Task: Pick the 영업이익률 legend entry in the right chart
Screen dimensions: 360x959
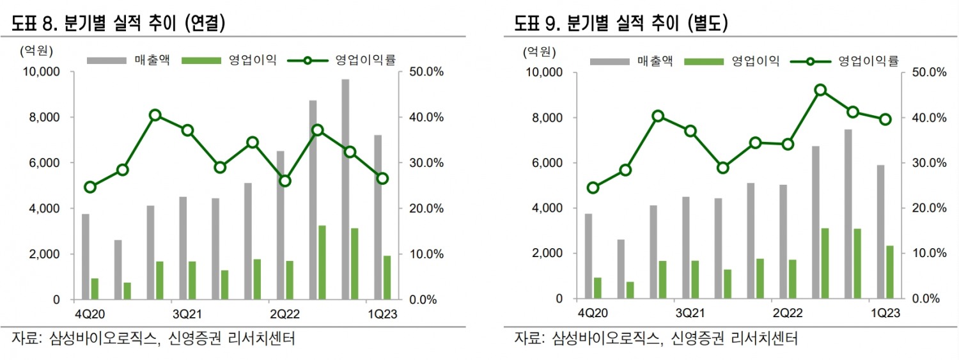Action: pos(845,61)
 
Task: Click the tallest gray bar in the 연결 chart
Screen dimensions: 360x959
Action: pos(345,189)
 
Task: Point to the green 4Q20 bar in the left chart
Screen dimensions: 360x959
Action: pos(95,288)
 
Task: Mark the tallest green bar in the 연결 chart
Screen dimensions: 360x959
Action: pos(322,262)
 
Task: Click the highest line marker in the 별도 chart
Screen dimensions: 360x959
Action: pos(821,90)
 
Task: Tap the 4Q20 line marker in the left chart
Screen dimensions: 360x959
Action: pos(90,187)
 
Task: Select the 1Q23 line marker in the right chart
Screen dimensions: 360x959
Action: pos(885,119)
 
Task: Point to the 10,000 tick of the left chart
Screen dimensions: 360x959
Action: pos(41,72)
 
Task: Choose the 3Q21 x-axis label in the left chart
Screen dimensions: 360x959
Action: pos(187,314)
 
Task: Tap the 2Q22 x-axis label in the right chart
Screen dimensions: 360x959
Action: pos(788,314)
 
